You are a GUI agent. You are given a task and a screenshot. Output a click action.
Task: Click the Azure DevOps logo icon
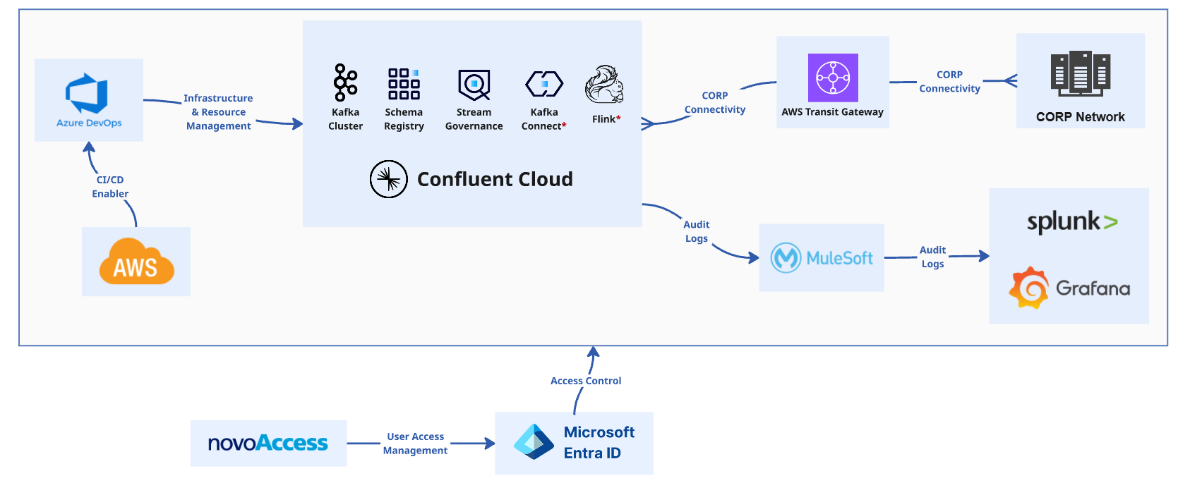pyautogui.click(x=87, y=94)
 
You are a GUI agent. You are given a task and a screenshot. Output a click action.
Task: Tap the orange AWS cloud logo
pyautogui.click(x=137, y=261)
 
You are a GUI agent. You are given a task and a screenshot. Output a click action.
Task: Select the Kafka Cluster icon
pyautogui.click(x=346, y=82)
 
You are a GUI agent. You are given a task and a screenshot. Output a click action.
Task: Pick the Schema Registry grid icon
pyautogui.click(x=404, y=84)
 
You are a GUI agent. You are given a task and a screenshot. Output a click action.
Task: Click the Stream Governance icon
pyautogui.click(x=474, y=85)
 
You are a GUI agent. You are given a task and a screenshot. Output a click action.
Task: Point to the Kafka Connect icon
pyautogui.click(x=544, y=84)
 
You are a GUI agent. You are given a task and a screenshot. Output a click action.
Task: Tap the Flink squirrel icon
pyautogui.click(x=605, y=84)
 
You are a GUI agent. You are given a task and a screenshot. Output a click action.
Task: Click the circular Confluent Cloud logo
pyautogui.click(x=389, y=179)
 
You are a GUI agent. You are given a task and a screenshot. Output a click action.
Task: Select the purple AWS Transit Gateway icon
pyautogui.click(x=833, y=78)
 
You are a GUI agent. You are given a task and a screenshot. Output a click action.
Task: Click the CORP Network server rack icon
pyautogui.click(x=1080, y=74)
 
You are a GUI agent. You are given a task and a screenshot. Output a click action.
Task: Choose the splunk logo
pyautogui.click(x=1072, y=222)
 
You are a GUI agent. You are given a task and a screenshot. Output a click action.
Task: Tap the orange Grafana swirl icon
pyautogui.click(x=1028, y=288)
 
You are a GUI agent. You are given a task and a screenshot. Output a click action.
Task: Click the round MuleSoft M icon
pyautogui.click(x=786, y=257)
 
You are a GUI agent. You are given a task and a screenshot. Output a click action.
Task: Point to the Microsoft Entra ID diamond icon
pyautogui.click(x=534, y=442)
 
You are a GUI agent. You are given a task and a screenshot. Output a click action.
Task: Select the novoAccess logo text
pyautogui.click(x=268, y=443)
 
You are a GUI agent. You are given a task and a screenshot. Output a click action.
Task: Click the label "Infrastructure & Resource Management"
pyautogui.click(x=219, y=112)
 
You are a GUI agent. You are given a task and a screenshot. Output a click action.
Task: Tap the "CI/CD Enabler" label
pyautogui.click(x=110, y=187)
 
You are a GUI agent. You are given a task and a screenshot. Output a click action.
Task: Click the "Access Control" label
pyautogui.click(x=586, y=381)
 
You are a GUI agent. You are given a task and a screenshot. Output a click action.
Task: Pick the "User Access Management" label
pyautogui.click(x=415, y=443)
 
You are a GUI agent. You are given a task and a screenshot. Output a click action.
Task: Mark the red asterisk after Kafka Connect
pyautogui.click(x=564, y=125)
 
